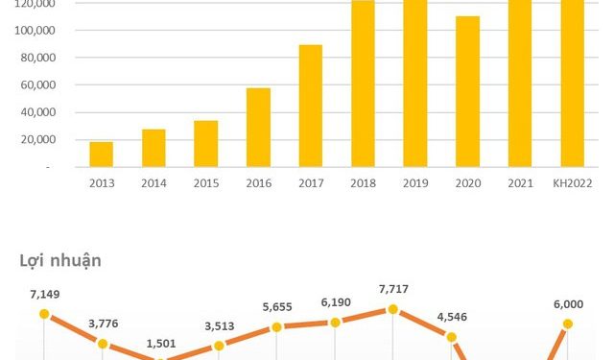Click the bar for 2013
pyautogui.click(x=102, y=155)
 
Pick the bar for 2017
pyautogui.click(x=310, y=106)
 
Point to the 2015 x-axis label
pyautogui.click(x=205, y=181)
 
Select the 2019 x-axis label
pyautogui.click(x=414, y=181)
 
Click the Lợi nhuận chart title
pyautogui.click(x=60, y=260)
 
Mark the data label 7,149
pyautogui.click(x=44, y=296)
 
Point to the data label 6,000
pyautogui.click(x=567, y=304)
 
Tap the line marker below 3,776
pyautogui.click(x=103, y=343)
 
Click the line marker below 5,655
pyautogui.click(x=276, y=327)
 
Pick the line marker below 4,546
pyautogui.click(x=451, y=336)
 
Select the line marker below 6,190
pyautogui.click(x=335, y=322)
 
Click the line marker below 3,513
pyautogui.click(x=219, y=346)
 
